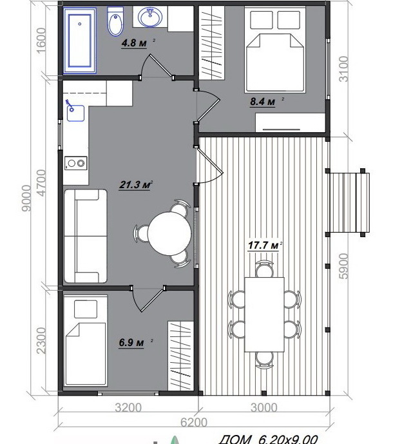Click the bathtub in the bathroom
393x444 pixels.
pos(80,41)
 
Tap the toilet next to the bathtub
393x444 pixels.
pos(115,21)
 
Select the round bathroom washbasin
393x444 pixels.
pos(150,17)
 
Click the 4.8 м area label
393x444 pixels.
pos(134,43)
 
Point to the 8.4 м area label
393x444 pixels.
pos(262,101)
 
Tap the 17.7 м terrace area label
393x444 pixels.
pos(264,246)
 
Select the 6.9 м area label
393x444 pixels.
pos(131,342)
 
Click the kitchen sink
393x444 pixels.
pos(75,113)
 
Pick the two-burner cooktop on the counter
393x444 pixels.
pos(75,164)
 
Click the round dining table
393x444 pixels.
pos(169,234)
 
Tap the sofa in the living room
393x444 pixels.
pos(86,236)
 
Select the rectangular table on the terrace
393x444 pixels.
pos(264,314)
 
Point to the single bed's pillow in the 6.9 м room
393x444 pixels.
pos(86,309)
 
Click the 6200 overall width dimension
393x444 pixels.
pos(194,423)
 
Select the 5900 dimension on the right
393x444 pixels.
pos(343,266)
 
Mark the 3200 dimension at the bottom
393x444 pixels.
pos(128,408)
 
